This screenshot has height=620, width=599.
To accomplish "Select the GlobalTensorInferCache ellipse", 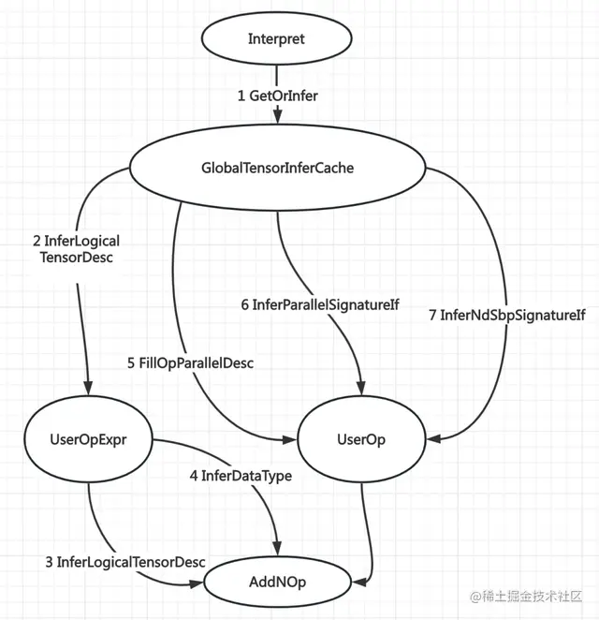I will pyautogui.click(x=277, y=170).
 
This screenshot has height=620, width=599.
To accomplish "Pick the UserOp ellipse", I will pyautogui.click(x=361, y=437).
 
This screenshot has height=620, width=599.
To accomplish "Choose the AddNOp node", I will pyautogui.click(x=278, y=582).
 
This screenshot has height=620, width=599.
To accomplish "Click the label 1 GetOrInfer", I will pyautogui.click(x=278, y=95).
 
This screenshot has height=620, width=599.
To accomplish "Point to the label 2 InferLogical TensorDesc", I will pyautogui.click(x=75, y=249).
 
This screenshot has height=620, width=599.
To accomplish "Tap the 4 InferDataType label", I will pyautogui.click(x=241, y=476).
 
